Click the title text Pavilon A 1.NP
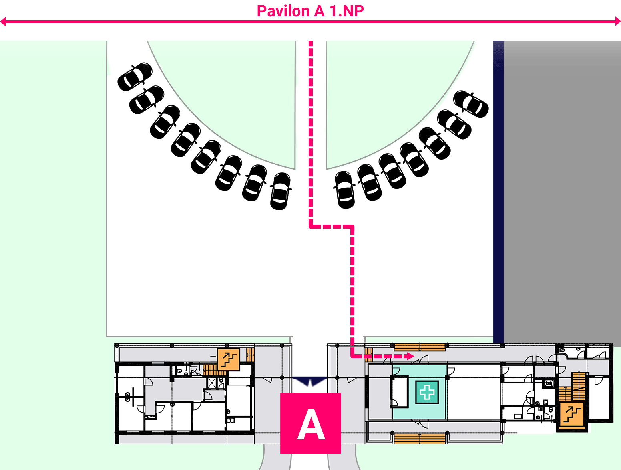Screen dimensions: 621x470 pyautogui.click(x=310, y=11)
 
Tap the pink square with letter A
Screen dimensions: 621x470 pyautogui.click(x=310, y=423)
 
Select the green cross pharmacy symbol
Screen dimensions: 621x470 pyautogui.click(x=427, y=392)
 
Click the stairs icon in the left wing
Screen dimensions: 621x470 pyautogui.click(x=228, y=359)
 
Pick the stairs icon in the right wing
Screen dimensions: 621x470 pyautogui.click(x=572, y=414)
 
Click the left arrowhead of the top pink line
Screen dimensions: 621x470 pyautogui.click(x=3, y=22)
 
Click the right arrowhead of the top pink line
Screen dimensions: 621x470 pyautogui.click(x=618, y=22)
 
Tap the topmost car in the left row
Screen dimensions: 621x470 pyautogui.click(x=135, y=77)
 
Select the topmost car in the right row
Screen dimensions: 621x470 pyautogui.click(x=471, y=104)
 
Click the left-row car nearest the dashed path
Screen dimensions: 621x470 pyautogui.click(x=280, y=191)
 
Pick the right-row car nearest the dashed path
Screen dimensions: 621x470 pyautogui.click(x=344, y=190)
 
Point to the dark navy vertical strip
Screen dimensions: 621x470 pyautogui.click(x=498, y=192)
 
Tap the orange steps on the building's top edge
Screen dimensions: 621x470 pyautogui.click(x=420, y=347)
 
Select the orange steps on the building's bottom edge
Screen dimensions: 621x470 pyautogui.click(x=420, y=439)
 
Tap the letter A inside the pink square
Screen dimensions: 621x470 pyautogui.click(x=311, y=424)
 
